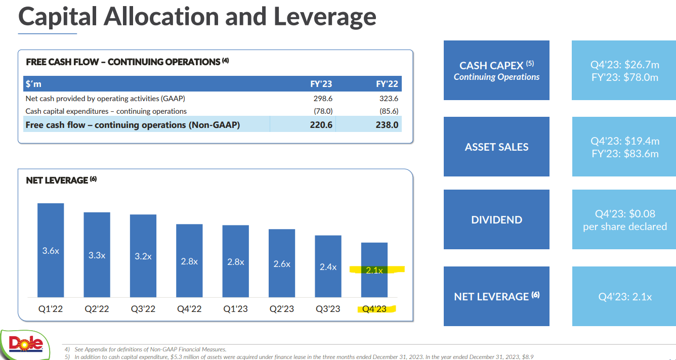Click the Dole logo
pos(25,344)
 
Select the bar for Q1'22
pos(51,250)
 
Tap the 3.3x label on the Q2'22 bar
pos(97,255)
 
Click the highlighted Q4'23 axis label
pos(375,309)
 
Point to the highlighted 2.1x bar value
pos(374,271)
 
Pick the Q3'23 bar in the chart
pos(328,266)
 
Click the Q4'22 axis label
pos(189,309)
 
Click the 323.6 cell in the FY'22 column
pos(388,99)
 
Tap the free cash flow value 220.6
pos(321,124)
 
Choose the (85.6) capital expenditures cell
pos(388,111)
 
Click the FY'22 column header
pos(387,84)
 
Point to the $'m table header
pos(34,84)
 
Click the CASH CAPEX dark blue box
pos(496,70)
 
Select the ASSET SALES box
pos(496,147)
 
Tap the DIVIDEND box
pos(496,220)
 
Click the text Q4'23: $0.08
pos(625,214)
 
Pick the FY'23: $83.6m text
pos(625,154)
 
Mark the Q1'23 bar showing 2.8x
pos(236,261)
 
